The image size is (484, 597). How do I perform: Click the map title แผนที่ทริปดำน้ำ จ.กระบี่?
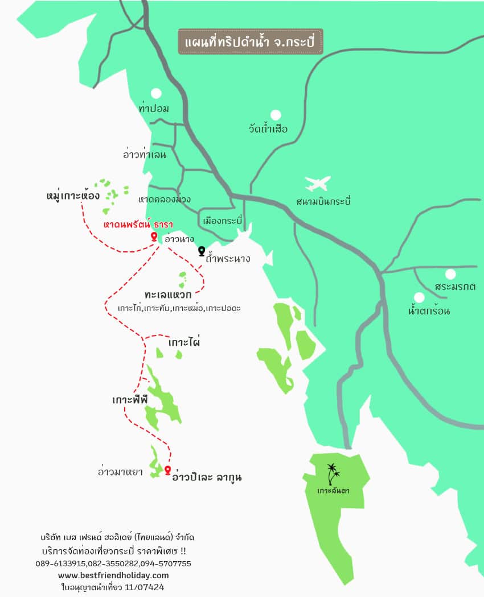(251, 42)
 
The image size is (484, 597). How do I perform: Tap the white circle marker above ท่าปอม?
(155, 93)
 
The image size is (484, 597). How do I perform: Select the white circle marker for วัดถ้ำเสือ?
(276, 115)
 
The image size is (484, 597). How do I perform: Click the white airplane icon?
(318, 184)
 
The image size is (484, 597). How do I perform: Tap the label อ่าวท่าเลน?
(145, 154)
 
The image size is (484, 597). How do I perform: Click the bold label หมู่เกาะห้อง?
(73, 196)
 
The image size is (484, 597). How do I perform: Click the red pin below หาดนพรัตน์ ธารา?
(154, 236)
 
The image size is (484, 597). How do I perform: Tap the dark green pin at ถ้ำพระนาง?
(201, 251)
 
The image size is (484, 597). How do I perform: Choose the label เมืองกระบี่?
(223, 220)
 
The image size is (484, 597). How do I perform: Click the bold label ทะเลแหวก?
(167, 295)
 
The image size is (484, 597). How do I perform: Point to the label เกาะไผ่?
(184, 343)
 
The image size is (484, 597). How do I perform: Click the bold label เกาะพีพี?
(130, 400)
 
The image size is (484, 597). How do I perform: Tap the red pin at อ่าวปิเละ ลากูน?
(167, 470)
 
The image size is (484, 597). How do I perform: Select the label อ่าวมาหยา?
(120, 471)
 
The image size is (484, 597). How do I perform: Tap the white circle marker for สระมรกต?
(450, 274)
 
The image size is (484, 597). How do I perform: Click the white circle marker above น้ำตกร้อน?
(419, 297)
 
